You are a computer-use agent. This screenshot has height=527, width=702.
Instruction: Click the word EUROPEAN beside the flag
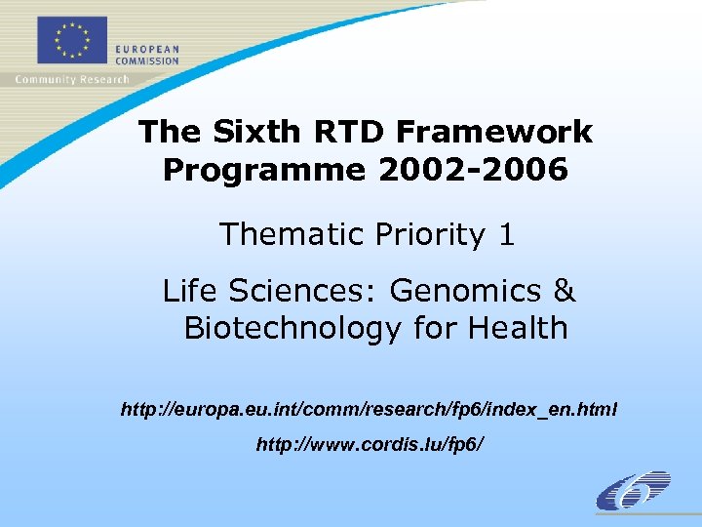[147, 49]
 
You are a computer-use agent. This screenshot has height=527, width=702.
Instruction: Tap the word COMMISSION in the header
[147, 61]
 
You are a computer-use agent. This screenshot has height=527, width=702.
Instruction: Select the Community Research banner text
[72, 79]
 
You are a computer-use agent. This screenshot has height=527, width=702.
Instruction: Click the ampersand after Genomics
[565, 291]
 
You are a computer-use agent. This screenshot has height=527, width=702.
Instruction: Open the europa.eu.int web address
[369, 409]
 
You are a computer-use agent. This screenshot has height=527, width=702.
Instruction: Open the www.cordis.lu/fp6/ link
[369, 445]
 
